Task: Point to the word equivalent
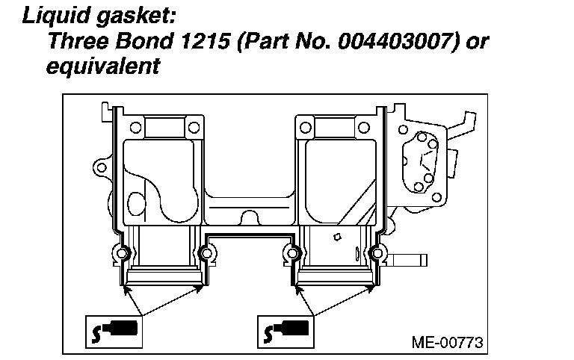pos(103,66)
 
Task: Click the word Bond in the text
pos(143,41)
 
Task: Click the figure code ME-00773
pos(448,343)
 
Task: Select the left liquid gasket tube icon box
pos(114,332)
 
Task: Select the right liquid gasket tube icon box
pos(286,332)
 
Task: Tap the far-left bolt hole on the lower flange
pos(123,253)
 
